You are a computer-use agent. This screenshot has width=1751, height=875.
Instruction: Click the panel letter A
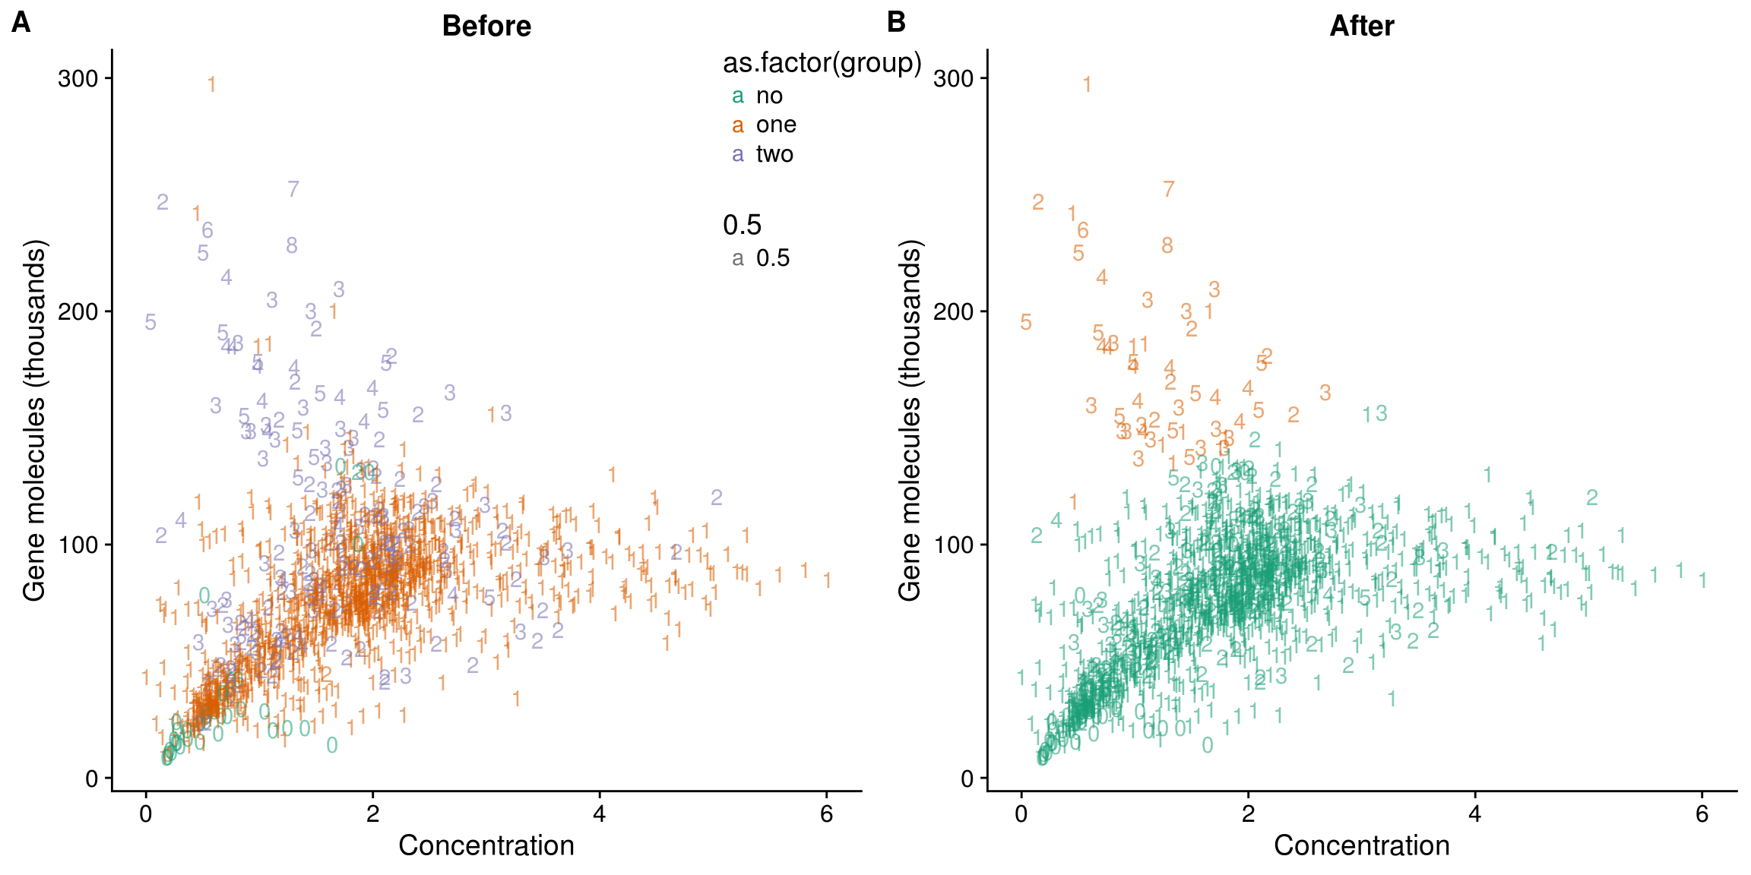(x=21, y=23)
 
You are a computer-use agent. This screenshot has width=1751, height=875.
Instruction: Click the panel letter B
(x=896, y=22)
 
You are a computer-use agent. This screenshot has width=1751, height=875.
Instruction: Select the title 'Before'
(x=486, y=27)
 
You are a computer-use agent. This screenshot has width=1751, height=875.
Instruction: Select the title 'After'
(x=1361, y=27)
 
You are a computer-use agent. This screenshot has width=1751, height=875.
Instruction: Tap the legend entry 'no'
(x=769, y=96)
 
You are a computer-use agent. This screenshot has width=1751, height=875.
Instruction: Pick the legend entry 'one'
(x=776, y=125)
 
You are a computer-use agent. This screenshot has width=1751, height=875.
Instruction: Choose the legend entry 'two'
(x=774, y=154)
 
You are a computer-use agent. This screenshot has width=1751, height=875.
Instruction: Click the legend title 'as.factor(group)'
(x=822, y=63)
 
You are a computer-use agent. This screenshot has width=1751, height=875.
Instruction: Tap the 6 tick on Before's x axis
(x=827, y=814)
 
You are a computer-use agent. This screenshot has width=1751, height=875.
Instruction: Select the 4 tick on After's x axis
(x=1475, y=814)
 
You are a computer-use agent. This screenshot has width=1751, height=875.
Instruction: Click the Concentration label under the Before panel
(x=486, y=845)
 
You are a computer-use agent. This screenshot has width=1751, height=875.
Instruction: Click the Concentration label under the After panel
(x=1361, y=845)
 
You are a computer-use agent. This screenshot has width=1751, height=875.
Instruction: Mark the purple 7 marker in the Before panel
(x=293, y=189)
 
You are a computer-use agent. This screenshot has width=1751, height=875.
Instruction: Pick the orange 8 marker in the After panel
(x=1167, y=245)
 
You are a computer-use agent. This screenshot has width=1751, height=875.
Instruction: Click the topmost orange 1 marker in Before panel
(x=212, y=84)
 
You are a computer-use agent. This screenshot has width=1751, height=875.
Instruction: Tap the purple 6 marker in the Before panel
(x=207, y=230)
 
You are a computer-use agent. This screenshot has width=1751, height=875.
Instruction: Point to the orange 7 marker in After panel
(x=1169, y=189)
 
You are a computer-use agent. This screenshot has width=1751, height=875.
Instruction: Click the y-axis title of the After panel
(x=910, y=420)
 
